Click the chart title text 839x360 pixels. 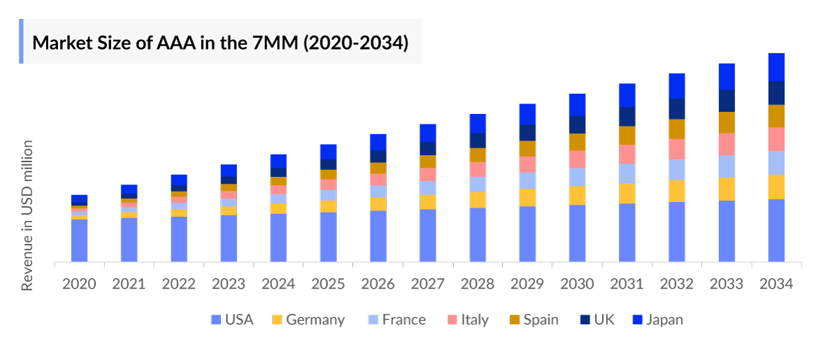pyautogui.click(x=220, y=42)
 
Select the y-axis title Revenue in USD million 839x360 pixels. pyautogui.click(x=27, y=215)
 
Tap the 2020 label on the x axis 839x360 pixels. pyautogui.click(x=79, y=284)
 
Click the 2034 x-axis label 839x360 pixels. pyautogui.click(x=776, y=284)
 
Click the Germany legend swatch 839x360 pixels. pyautogui.click(x=277, y=320)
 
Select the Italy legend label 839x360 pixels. pyautogui.click(x=475, y=319)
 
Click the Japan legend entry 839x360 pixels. pyautogui.click(x=664, y=319)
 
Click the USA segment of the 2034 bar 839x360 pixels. pyautogui.click(x=776, y=231)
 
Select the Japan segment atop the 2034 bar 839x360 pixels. pyautogui.click(x=776, y=67)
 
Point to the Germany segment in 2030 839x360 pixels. pyautogui.click(x=577, y=195)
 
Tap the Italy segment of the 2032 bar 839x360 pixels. pyautogui.click(x=677, y=149)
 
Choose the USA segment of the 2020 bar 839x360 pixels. pyautogui.click(x=79, y=241)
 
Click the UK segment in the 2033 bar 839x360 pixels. pyautogui.click(x=726, y=101)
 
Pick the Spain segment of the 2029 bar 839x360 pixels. pyautogui.click(x=527, y=148)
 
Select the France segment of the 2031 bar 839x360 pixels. pyautogui.click(x=626, y=173)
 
